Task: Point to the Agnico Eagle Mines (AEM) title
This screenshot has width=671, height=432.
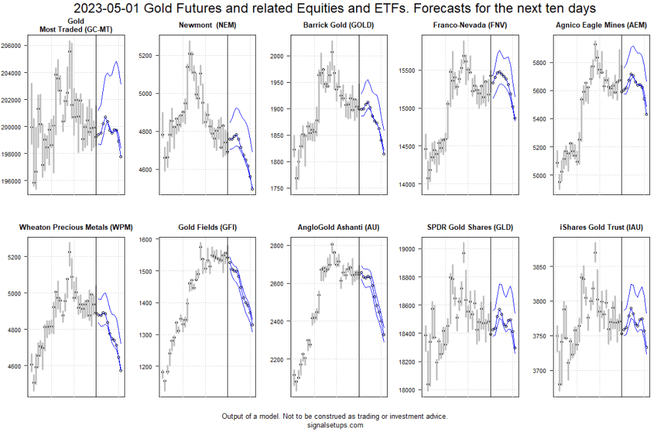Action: click(x=601, y=25)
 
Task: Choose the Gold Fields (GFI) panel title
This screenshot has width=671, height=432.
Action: click(x=207, y=227)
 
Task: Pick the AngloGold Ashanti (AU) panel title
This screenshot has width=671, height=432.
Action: click(x=339, y=227)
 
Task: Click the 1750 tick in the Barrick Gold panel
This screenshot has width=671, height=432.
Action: click(x=277, y=189)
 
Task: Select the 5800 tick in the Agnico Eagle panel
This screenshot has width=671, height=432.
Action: click(x=540, y=62)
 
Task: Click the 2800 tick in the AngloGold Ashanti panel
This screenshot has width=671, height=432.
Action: click(x=277, y=246)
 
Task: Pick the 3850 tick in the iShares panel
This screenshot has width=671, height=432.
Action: click(x=540, y=267)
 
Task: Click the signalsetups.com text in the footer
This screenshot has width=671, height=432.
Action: click(x=335, y=425)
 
